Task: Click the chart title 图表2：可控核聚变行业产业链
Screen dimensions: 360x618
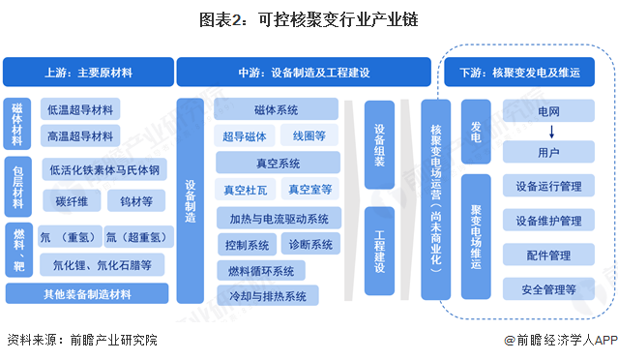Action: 309,19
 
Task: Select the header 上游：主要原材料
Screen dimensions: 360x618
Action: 86,72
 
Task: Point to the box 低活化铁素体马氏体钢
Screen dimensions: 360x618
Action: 103,171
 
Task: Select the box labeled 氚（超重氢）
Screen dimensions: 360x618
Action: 135,236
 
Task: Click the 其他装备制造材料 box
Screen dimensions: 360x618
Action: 86,293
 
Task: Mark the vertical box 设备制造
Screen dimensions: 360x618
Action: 191,202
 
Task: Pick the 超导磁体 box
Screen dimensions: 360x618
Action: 242,136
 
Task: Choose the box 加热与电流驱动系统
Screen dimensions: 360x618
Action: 279,218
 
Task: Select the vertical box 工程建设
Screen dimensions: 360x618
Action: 380,252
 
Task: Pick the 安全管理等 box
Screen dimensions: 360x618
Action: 548,288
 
